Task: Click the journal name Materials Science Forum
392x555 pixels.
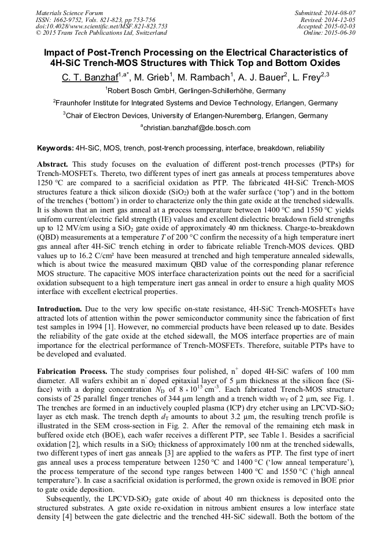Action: tap(69, 12)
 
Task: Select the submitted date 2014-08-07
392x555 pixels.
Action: tap(339, 12)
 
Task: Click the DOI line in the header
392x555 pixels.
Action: tap(102, 26)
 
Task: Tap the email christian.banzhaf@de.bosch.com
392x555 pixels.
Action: tap(197, 128)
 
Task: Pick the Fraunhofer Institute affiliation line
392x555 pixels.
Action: tap(196, 103)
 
